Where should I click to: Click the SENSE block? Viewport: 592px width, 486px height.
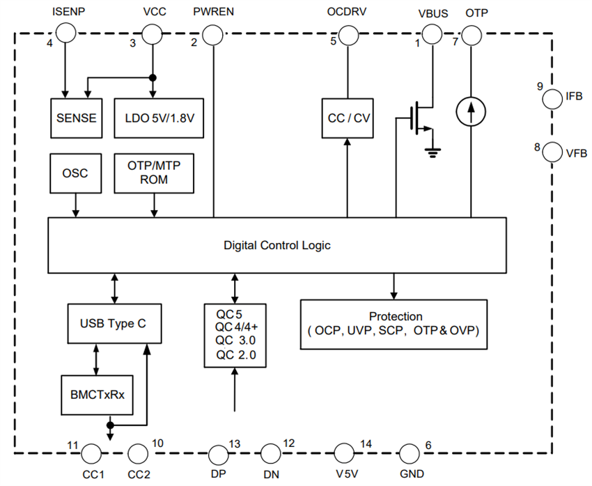tap(77, 117)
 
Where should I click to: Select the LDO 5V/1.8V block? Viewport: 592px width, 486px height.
tap(159, 117)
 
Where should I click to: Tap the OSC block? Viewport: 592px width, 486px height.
tap(75, 173)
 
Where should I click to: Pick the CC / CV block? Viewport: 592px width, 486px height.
tap(348, 117)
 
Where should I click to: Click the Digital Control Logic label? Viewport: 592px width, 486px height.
tap(276, 245)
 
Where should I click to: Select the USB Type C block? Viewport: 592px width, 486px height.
tap(115, 323)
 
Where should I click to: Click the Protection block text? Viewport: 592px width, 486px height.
tap(394, 324)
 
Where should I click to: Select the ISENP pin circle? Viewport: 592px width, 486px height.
tap(65, 32)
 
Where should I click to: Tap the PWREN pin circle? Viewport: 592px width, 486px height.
tap(213, 33)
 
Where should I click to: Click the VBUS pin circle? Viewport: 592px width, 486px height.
tap(432, 33)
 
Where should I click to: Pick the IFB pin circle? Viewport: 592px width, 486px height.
tap(552, 98)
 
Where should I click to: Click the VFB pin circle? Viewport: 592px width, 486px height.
tap(552, 151)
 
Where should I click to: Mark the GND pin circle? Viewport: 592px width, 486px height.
tap(410, 454)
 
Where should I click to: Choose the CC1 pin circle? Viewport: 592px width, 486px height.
tap(91, 454)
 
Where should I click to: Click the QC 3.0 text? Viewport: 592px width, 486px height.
tap(235, 340)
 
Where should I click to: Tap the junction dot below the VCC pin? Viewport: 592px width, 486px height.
tap(152, 77)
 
